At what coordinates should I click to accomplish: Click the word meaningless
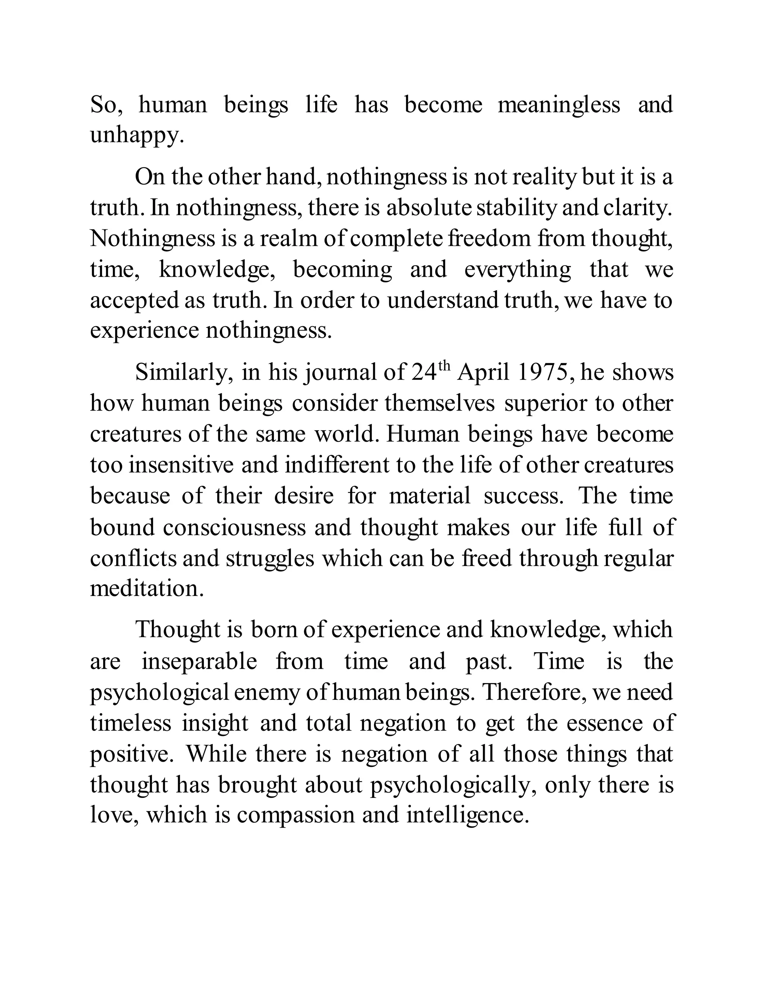559,105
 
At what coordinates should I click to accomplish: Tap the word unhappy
137,136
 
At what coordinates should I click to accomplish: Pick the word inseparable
199,661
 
